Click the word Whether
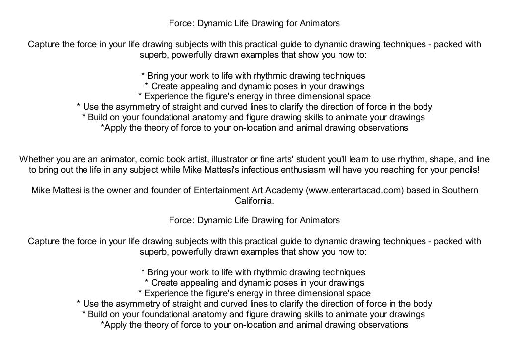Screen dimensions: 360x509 [35, 160]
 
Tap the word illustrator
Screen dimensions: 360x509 [228, 160]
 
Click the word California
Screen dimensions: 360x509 [254, 201]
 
